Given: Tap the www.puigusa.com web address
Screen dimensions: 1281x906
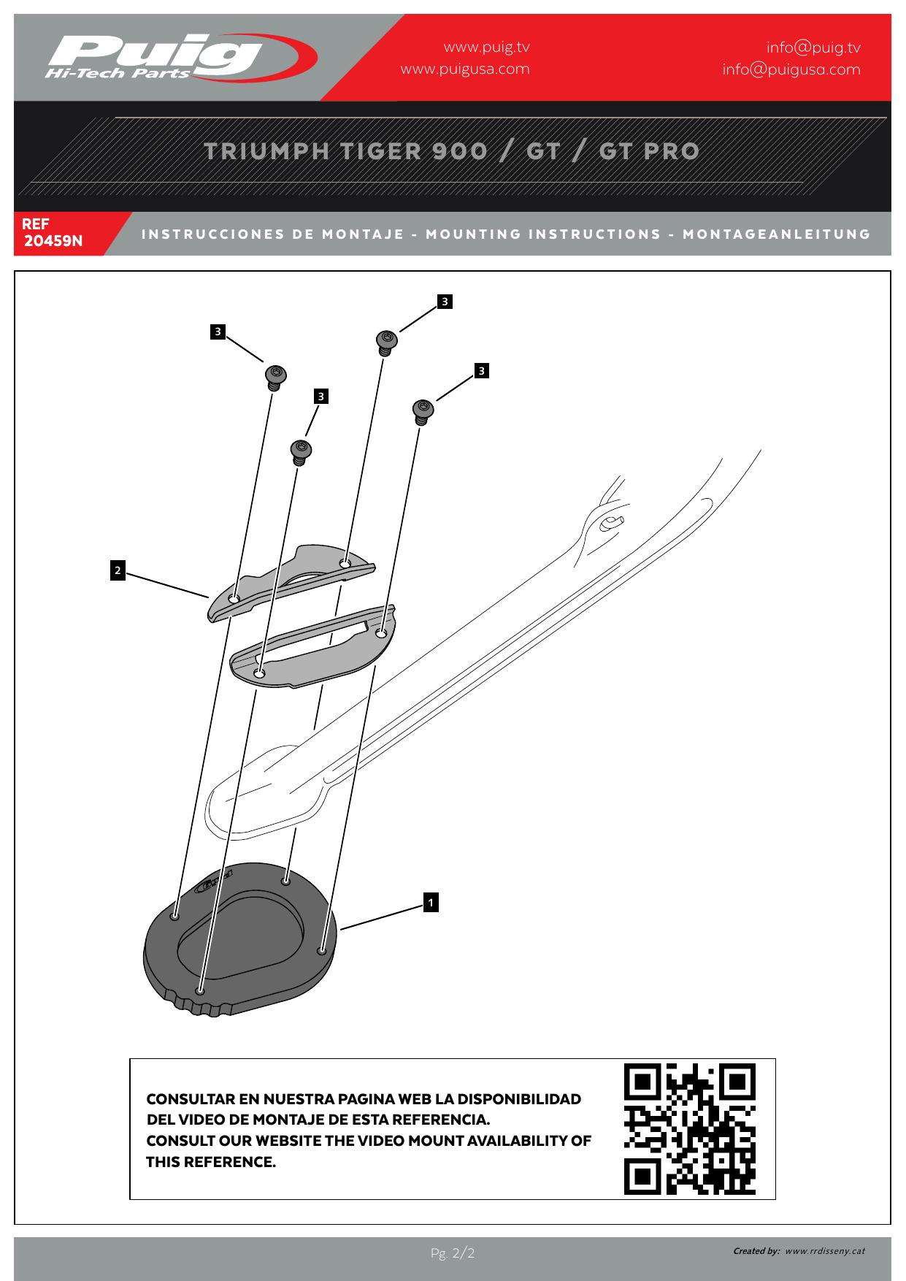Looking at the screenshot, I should point(464,69).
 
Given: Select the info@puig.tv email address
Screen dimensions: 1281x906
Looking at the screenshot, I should point(813,48).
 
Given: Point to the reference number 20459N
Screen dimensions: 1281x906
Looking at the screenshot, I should point(53,240).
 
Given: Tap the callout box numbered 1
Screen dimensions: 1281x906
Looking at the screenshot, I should point(431,903).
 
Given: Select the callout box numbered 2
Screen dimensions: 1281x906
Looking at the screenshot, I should point(118,570).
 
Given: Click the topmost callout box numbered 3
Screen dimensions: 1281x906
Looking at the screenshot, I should point(445,301).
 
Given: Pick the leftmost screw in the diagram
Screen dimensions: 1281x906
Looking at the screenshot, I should point(275,378).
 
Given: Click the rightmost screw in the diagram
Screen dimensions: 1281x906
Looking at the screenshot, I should point(423,411).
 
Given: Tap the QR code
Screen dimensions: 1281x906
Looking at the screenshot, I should point(689,1129).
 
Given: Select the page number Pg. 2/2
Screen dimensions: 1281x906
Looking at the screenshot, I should point(453,1254).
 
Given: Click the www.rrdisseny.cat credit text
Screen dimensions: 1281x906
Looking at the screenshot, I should point(824,1251).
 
